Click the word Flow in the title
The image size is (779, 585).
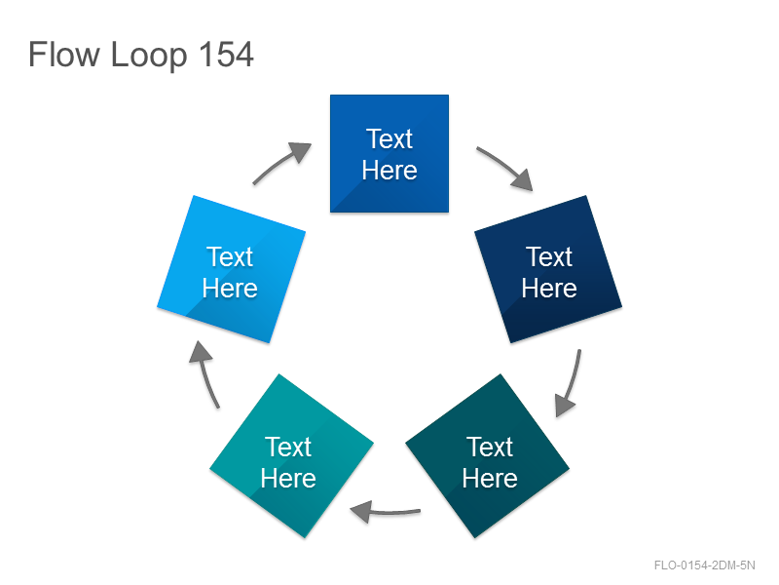click(x=63, y=55)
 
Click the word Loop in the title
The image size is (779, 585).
click(x=149, y=56)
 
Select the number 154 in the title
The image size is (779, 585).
click(x=226, y=55)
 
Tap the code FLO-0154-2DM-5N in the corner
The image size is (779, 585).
click(x=704, y=565)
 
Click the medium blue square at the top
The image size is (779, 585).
click(x=389, y=154)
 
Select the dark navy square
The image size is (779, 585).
click(x=548, y=269)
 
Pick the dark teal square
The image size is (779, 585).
click(x=488, y=455)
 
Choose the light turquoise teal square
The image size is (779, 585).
click(x=291, y=455)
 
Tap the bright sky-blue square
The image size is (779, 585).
click(x=231, y=269)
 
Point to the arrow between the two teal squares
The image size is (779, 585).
click(x=385, y=512)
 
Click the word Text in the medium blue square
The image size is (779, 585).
click(x=389, y=138)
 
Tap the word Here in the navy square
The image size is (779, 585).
click(x=549, y=288)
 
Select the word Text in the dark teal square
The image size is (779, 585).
click(x=490, y=447)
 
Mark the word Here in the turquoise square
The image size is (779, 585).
click(x=288, y=478)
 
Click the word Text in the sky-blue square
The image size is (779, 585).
click(x=230, y=256)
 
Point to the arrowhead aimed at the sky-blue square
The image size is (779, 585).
click(x=201, y=352)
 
